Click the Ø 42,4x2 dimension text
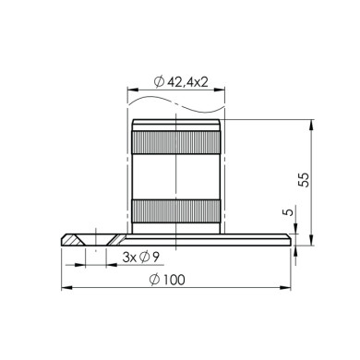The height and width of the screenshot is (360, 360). click(x=181, y=82)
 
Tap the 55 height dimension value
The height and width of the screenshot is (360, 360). click(x=304, y=179)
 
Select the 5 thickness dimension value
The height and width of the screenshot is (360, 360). click(x=287, y=212)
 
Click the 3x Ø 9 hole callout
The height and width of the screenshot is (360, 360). click(x=141, y=258)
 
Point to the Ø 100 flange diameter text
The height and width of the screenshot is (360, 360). click(x=167, y=280)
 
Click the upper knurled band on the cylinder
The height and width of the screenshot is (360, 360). click(x=176, y=142)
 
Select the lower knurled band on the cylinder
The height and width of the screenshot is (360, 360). click(x=176, y=211)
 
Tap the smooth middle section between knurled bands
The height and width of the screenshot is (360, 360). click(x=176, y=176)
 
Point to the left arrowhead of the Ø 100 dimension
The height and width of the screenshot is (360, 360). click(x=66, y=288)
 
